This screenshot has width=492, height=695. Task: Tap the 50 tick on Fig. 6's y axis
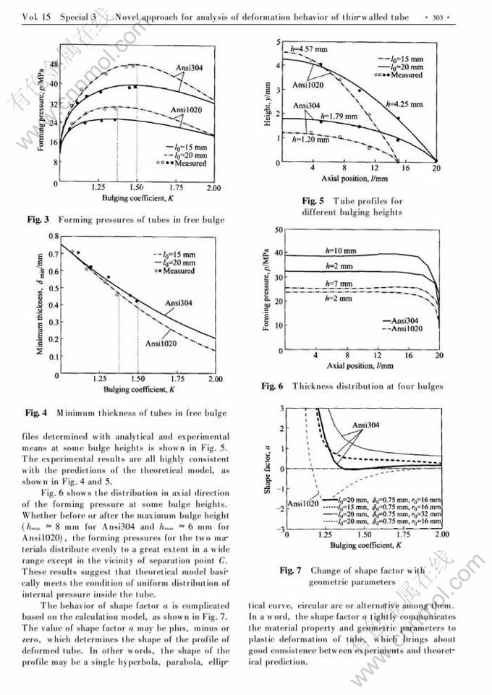(279, 230)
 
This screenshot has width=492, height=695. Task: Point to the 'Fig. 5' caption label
(313, 200)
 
